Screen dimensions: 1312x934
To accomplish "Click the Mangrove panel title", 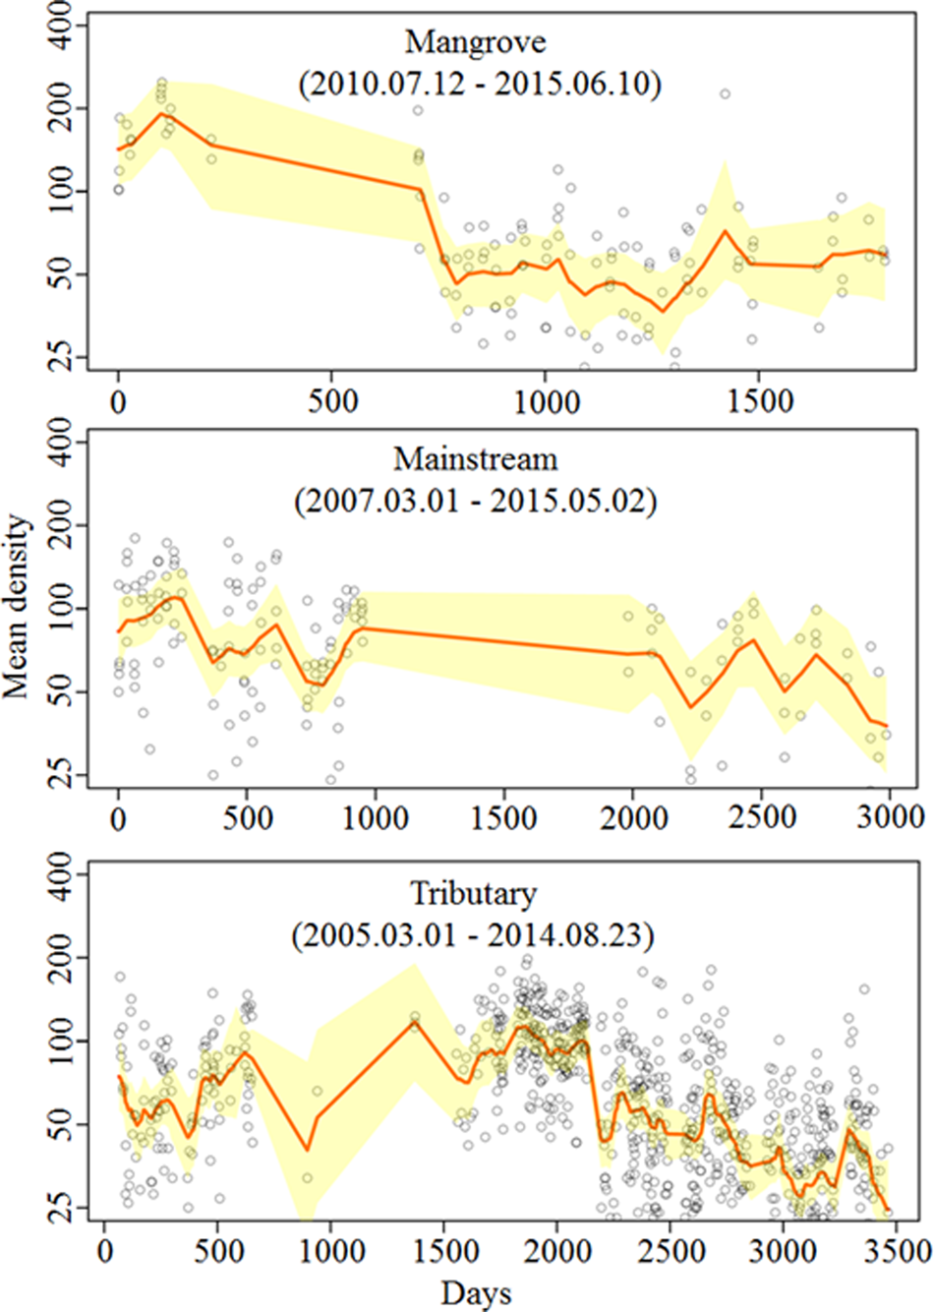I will [475, 42].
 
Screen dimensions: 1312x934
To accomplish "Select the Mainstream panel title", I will [475, 459].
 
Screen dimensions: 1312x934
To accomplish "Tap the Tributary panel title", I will [473, 893].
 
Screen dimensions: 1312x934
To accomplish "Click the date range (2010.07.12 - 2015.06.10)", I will [479, 84].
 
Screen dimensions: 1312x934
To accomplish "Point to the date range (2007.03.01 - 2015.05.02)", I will [475, 501].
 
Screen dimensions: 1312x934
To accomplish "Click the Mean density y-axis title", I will [17, 607].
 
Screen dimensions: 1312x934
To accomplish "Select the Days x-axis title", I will [476, 1292].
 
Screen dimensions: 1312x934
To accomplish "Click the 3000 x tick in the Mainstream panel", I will [890, 817].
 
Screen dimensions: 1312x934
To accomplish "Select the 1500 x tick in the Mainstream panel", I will [504, 817].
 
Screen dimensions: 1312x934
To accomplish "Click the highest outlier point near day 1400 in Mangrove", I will [725, 93].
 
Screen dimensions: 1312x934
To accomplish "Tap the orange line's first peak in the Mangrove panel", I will [161, 113].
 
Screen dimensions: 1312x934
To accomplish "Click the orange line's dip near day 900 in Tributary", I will [307, 1149].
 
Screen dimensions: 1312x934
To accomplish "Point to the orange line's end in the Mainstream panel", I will [887, 726].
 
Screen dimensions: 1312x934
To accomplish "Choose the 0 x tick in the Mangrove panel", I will [118, 400].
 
